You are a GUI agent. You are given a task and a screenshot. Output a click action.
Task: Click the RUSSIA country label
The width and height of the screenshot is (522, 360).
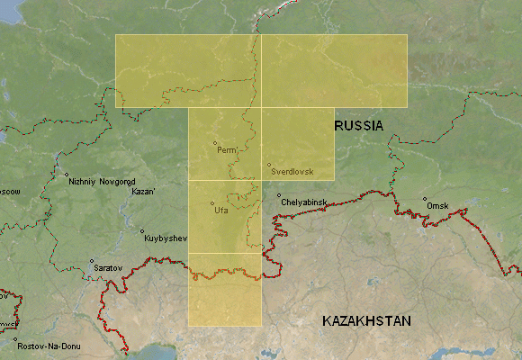[359, 126]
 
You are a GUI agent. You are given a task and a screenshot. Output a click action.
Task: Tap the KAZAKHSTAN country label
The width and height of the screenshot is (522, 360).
[366, 321]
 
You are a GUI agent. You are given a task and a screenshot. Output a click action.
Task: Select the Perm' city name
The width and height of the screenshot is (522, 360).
[226, 150]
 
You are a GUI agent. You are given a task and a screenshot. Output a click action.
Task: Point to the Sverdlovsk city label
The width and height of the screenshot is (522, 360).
[291, 170]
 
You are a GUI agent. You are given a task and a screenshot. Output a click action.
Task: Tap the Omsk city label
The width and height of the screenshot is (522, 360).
[437, 206]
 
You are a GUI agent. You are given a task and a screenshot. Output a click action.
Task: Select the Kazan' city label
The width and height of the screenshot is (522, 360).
[143, 192]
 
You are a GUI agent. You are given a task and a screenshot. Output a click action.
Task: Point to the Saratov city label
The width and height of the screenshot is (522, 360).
[107, 268]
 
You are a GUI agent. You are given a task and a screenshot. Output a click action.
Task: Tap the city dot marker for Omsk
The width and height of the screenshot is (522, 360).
[425, 200]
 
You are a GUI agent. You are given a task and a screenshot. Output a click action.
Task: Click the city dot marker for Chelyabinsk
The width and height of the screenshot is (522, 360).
[279, 195]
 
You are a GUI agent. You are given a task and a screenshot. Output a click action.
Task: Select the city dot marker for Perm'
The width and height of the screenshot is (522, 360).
[215, 143]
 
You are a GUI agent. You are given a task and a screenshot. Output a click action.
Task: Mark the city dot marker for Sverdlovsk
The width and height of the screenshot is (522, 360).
[269, 164]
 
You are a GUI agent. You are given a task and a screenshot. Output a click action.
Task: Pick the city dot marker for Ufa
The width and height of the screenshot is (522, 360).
[212, 202]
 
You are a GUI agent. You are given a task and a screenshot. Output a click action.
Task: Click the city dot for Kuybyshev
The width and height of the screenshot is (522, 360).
[142, 230]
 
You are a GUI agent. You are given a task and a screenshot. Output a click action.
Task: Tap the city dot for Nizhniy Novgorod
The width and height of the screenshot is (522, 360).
[66, 175]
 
